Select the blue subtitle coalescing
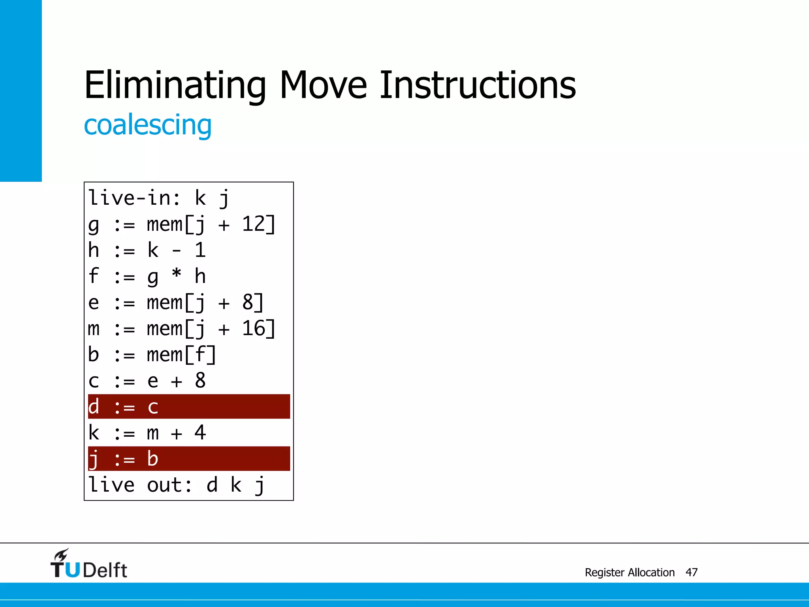(148, 125)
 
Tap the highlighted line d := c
(189, 407)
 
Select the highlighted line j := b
(189, 459)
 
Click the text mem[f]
(181, 354)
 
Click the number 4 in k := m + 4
(200, 433)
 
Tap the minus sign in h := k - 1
(177, 251)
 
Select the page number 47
(691, 572)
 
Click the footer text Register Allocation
(630, 572)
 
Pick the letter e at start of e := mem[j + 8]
(94, 303)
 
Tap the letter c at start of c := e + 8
(94, 381)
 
